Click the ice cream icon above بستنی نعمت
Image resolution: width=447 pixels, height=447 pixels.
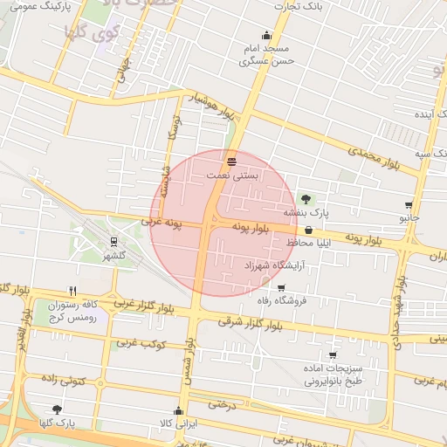point(231,162)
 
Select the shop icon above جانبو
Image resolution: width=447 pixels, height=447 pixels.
point(409,205)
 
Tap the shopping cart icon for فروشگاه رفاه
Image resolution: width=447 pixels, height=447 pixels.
point(280,288)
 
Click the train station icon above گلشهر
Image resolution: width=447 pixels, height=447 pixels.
point(113,242)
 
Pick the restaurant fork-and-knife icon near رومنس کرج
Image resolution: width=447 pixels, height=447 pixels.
point(73,292)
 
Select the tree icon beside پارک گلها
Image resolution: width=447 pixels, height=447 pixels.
point(58,409)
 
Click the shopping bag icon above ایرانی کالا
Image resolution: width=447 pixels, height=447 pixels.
point(179,410)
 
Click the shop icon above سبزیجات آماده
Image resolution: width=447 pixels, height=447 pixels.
point(333,355)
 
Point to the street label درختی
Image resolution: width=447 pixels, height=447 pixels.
point(223,404)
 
